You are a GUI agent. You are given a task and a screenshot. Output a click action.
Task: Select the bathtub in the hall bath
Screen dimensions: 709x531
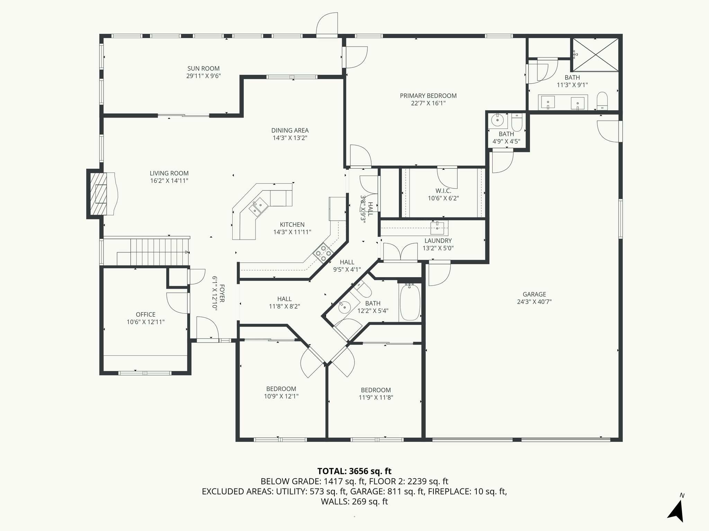410,303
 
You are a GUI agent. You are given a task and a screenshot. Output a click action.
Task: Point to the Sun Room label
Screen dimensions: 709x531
204,68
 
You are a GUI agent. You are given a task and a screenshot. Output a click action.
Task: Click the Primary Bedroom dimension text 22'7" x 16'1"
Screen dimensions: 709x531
428,103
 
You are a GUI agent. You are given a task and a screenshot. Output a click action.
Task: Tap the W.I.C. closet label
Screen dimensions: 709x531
443,191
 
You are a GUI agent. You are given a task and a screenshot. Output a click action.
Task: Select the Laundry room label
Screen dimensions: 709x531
438,241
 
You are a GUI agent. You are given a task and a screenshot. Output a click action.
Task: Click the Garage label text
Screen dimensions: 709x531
534,294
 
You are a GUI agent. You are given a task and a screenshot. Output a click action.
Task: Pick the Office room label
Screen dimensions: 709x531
146,314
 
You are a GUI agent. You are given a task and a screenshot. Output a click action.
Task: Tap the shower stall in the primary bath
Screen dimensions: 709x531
595,54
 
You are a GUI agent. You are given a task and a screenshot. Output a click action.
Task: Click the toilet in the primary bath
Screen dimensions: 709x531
603,101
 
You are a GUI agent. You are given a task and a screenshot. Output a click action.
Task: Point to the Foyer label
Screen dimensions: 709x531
222,293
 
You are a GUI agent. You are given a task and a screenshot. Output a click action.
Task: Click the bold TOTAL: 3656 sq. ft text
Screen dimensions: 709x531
354,471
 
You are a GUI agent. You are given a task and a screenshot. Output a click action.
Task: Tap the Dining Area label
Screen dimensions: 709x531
290,130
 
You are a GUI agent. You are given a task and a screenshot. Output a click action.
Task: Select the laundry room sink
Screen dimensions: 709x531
439,226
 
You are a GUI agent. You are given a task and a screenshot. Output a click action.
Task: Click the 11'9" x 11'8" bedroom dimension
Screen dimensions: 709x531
376,398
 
